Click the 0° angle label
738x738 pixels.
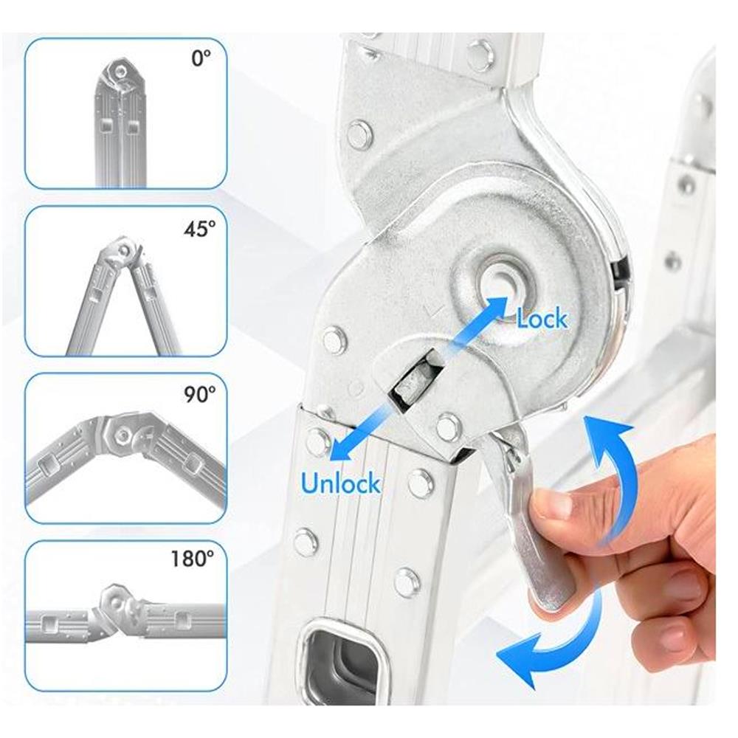201,58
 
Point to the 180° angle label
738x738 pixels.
192,559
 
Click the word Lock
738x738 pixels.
542,320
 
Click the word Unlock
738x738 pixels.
340,483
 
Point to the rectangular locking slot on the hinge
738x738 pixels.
415,382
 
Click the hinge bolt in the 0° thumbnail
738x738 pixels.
121,72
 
